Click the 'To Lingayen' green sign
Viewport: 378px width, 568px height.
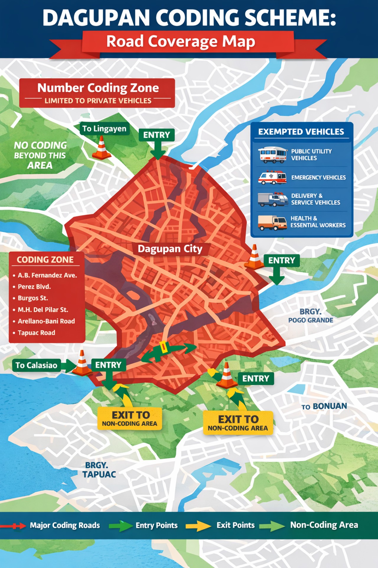[x=104, y=129]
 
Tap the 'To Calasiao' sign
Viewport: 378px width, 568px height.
[x=36, y=365]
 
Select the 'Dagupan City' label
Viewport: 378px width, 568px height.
[x=170, y=249]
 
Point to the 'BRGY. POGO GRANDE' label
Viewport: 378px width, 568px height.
[x=311, y=316]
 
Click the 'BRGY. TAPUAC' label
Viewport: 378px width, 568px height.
[x=99, y=470]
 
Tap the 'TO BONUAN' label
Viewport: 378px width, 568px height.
[x=324, y=406]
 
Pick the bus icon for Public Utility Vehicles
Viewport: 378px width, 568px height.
[x=272, y=155]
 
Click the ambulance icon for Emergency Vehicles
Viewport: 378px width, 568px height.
[x=272, y=177]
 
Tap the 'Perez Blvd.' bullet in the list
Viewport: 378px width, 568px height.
[x=34, y=287]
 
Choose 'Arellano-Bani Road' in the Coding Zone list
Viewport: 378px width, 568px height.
[x=46, y=321]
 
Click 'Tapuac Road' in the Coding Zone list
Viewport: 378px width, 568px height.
[x=36, y=333]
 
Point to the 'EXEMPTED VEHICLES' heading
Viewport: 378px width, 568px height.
[x=301, y=132]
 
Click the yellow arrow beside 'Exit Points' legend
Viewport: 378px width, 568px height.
[x=198, y=526]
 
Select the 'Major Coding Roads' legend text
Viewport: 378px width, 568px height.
[x=65, y=525]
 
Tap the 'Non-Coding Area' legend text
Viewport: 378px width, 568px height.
[x=324, y=525]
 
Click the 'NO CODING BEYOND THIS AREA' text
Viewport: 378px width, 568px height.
[x=40, y=155]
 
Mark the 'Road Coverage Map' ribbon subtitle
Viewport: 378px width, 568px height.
[x=180, y=41]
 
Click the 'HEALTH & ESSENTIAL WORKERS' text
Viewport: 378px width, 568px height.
[x=318, y=222]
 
